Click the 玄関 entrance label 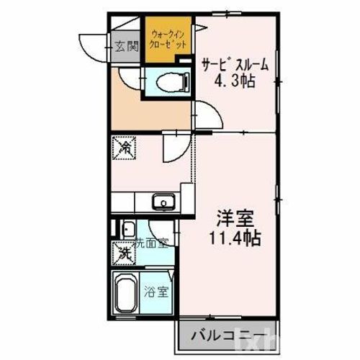(127, 48)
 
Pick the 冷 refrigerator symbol (125, 150)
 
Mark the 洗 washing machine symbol (125, 253)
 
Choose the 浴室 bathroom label (156, 293)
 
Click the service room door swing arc (205, 115)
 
